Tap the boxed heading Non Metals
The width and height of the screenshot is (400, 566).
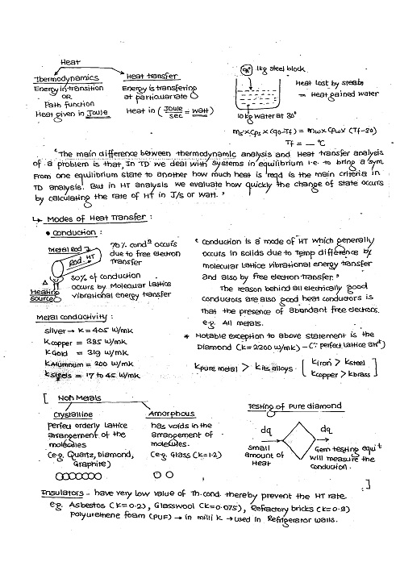coord(75,397)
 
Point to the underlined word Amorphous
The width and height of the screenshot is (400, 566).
coord(173,413)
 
